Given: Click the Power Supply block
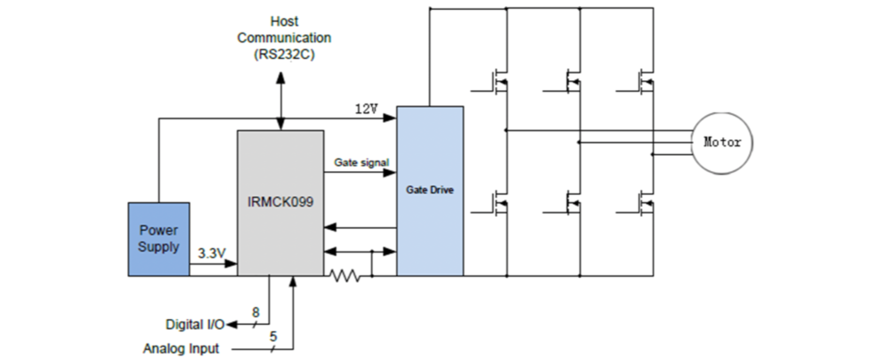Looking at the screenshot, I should tap(158, 239).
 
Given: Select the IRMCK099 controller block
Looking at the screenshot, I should tap(280, 202).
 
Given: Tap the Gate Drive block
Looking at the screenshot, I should tap(430, 190).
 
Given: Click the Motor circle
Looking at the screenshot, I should tap(722, 142).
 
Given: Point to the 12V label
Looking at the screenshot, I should tap(366, 109).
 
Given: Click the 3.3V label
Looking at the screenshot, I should tap(211, 253).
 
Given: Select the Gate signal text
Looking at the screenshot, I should tap(361, 163).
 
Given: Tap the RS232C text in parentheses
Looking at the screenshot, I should tap(284, 54).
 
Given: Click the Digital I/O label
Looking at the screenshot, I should tap(195, 324).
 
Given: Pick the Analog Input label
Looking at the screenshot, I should tap(181, 348).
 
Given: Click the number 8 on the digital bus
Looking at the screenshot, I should tap(256, 312).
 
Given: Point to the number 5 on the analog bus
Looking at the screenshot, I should tap(273, 336).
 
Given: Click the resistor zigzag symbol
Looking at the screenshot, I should tap(345, 276).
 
